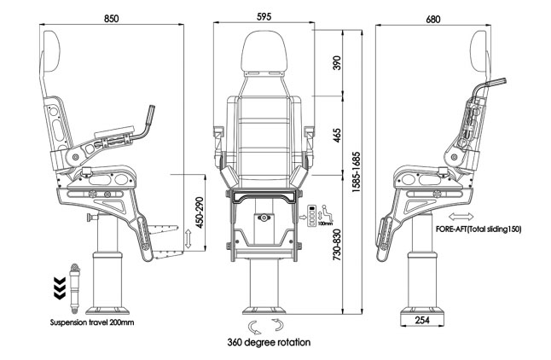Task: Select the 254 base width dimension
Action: click(x=424, y=319)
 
